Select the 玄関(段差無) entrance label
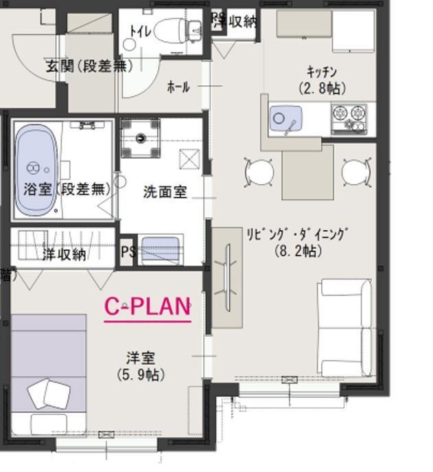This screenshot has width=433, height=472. coord(89,67)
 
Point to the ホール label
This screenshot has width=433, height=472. coord(178,87)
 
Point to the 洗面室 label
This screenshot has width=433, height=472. coord(165,192)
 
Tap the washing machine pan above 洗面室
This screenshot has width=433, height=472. coord(141,137)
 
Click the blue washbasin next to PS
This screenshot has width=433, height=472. coord(162,247)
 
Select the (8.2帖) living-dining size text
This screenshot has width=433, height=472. coord(298,251)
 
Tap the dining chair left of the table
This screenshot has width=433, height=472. coord(259,172)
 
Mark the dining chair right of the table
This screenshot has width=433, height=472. coord(355,172)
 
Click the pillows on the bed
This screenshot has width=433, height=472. coord(49,396)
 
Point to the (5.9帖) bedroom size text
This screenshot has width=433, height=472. coord(140,374)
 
